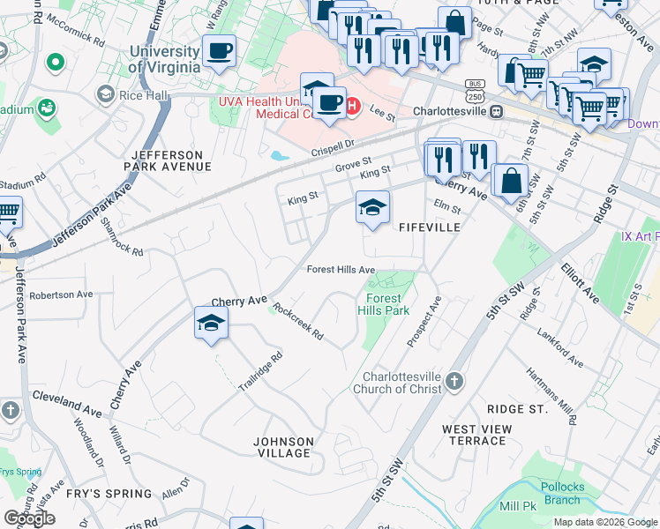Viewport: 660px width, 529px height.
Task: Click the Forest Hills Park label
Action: point(384,305)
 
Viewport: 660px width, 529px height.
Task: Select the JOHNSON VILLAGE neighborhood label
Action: point(282,447)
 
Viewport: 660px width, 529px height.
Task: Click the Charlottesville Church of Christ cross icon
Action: point(454,380)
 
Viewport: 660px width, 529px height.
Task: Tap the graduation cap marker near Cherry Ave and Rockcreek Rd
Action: point(212,324)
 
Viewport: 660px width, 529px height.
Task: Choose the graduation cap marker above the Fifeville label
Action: point(372,208)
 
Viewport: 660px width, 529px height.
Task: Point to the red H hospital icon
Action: point(352,107)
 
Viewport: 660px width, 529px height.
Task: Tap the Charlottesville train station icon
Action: point(497,112)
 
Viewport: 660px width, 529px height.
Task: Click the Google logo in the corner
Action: point(29,518)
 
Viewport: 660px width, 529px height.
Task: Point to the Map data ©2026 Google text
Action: point(605,522)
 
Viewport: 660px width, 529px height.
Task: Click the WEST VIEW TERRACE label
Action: point(476,435)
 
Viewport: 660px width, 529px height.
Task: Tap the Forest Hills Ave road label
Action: point(341,270)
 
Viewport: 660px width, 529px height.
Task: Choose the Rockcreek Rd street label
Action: point(298,322)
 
